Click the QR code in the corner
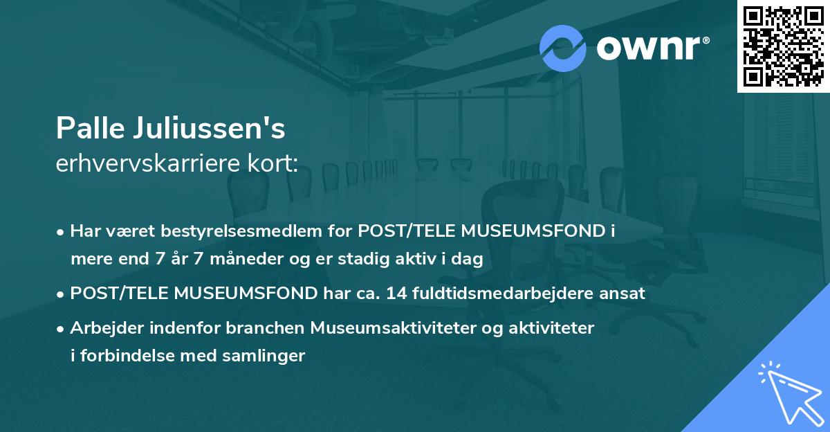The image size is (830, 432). point(783,46)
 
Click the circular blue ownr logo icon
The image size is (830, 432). point(562,48)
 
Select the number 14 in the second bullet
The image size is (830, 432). point(397,294)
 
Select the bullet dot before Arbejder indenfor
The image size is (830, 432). point(62,329)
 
